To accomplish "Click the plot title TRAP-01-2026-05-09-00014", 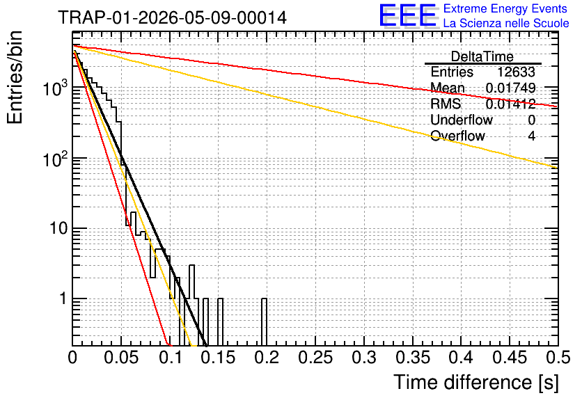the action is tap(172, 17).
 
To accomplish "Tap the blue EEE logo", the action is tap(408, 15).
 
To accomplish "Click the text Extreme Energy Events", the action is tap(505, 8).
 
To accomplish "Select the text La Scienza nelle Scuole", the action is tap(506, 23).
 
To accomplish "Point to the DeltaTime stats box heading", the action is tap(482, 56).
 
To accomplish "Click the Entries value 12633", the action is tap(516, 72).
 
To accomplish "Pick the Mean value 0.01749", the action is tap(510, 88).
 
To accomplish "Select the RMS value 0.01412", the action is tap(510, 104).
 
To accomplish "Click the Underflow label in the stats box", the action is tap(462, 120).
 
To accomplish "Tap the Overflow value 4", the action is tap(531, 136).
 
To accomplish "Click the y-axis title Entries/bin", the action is tap(15, 78).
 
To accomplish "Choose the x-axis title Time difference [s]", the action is tap(476, 382).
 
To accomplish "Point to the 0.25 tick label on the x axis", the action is tap(315, 358).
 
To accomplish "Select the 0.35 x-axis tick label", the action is tap(413, 358).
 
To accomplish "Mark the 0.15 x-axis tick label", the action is tap(219, 358).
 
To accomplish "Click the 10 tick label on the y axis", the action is tap(59, 228).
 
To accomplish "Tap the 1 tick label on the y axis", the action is tap(64, 298).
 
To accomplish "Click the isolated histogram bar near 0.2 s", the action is tap(264, 322).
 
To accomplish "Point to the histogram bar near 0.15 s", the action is tap(220, 322).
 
